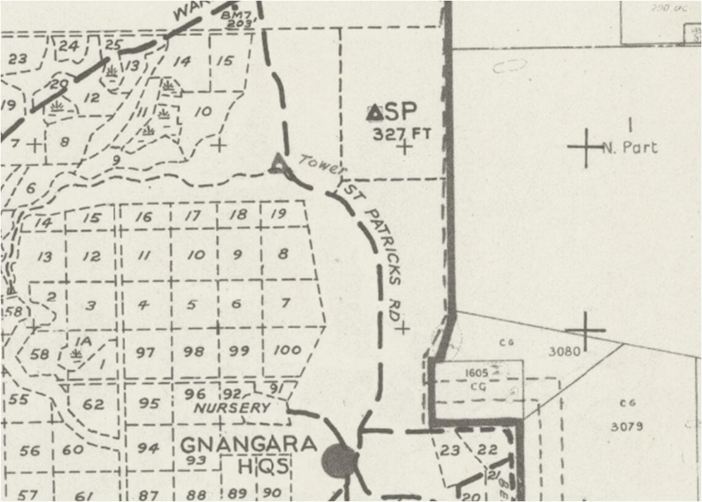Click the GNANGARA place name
[249, 445]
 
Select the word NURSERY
[232, 408]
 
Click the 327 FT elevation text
[400, 132]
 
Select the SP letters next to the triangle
[401, 112]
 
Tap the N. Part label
[630, 148]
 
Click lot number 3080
[565, 351]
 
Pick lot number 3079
[626, 426]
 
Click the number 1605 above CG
[478, 373]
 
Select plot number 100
[286, 349]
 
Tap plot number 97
[145, 352]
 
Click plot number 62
[93, 404]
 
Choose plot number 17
[192, 216]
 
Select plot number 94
[148, 448]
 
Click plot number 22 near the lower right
[487, 450]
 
